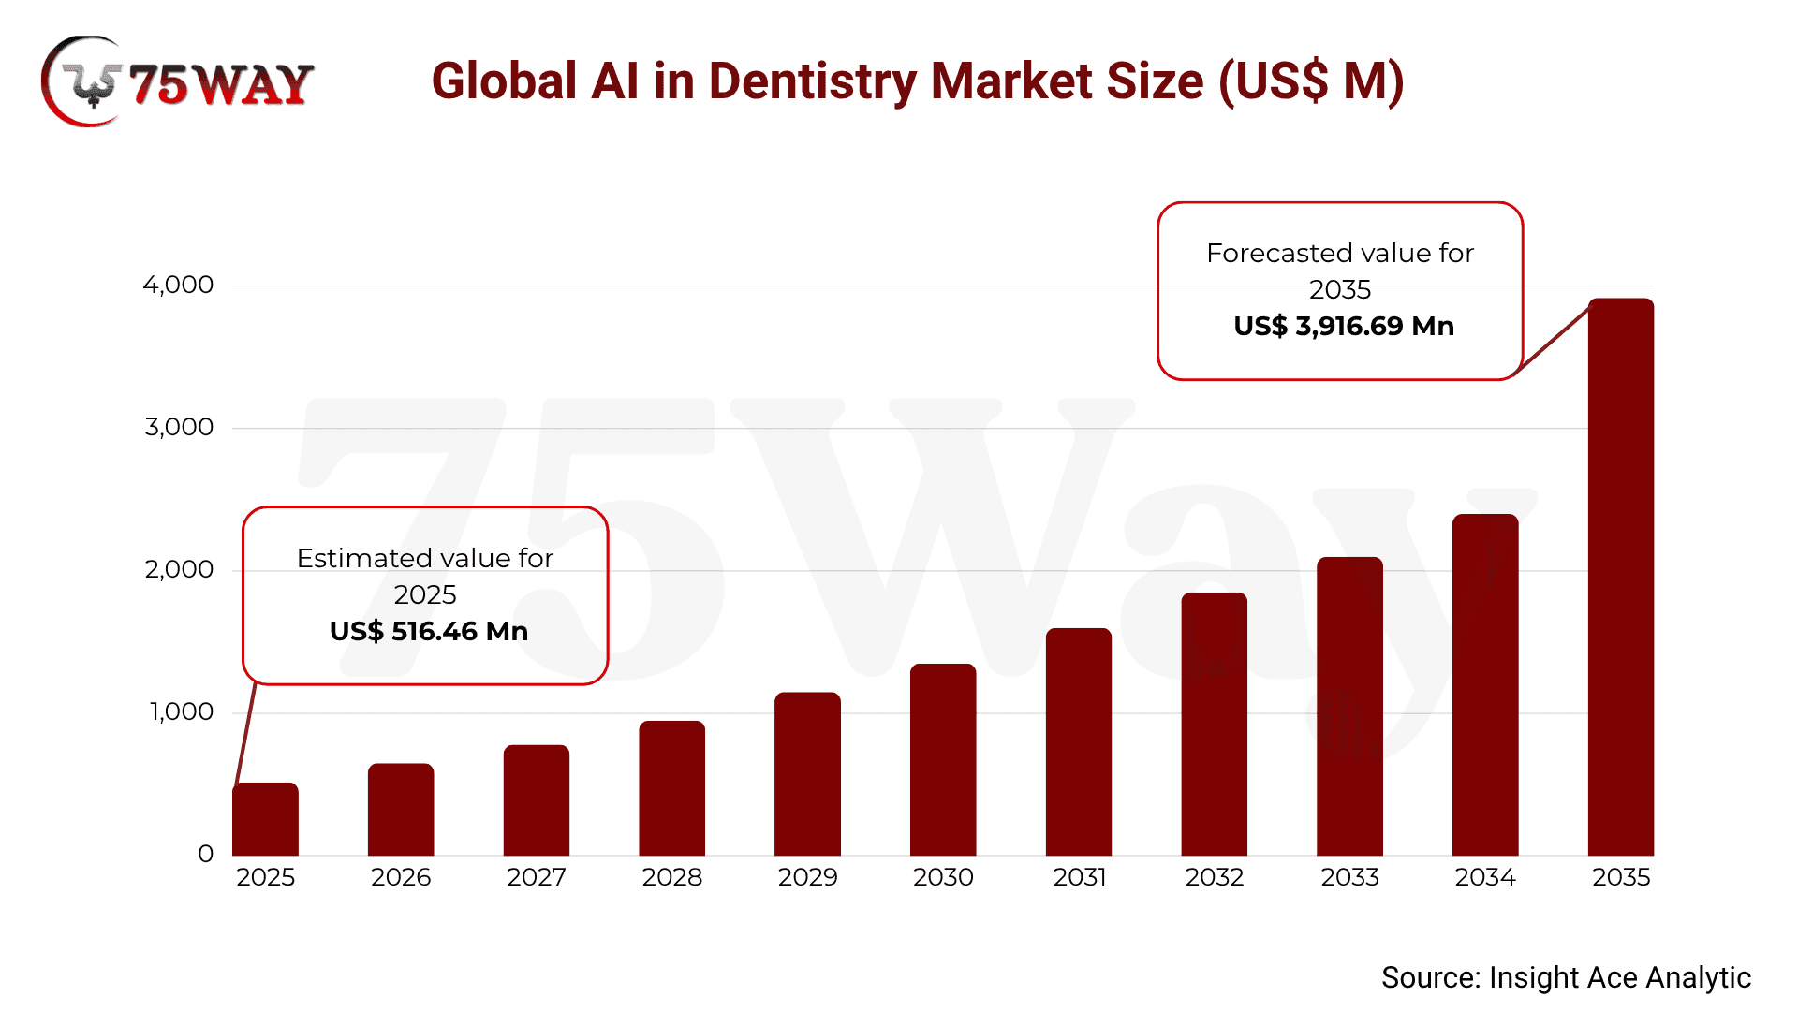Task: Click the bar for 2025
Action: click(x=265, y=819)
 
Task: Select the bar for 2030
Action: click(x=943, y=759)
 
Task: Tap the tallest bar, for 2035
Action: click(x=1621, y=577)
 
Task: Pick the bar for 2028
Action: click(x=671, y=788)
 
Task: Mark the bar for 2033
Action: click(x=1349, y=706)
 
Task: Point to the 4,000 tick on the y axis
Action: click(x=178, y=285)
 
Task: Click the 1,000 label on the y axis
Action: click(x=182, y=711)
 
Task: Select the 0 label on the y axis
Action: click(x=206, y=854)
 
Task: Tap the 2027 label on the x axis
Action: click(x=537, y=877)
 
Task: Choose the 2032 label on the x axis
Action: click(x=1215, y=877)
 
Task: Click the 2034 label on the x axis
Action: click(x=1485, y=877)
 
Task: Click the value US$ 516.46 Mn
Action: click(x=429, y=631)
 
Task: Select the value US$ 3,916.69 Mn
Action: click(x=1344, y=326)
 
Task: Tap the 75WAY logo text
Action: click(x=221, y=85)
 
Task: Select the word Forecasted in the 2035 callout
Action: click(x=1272, y=253)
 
